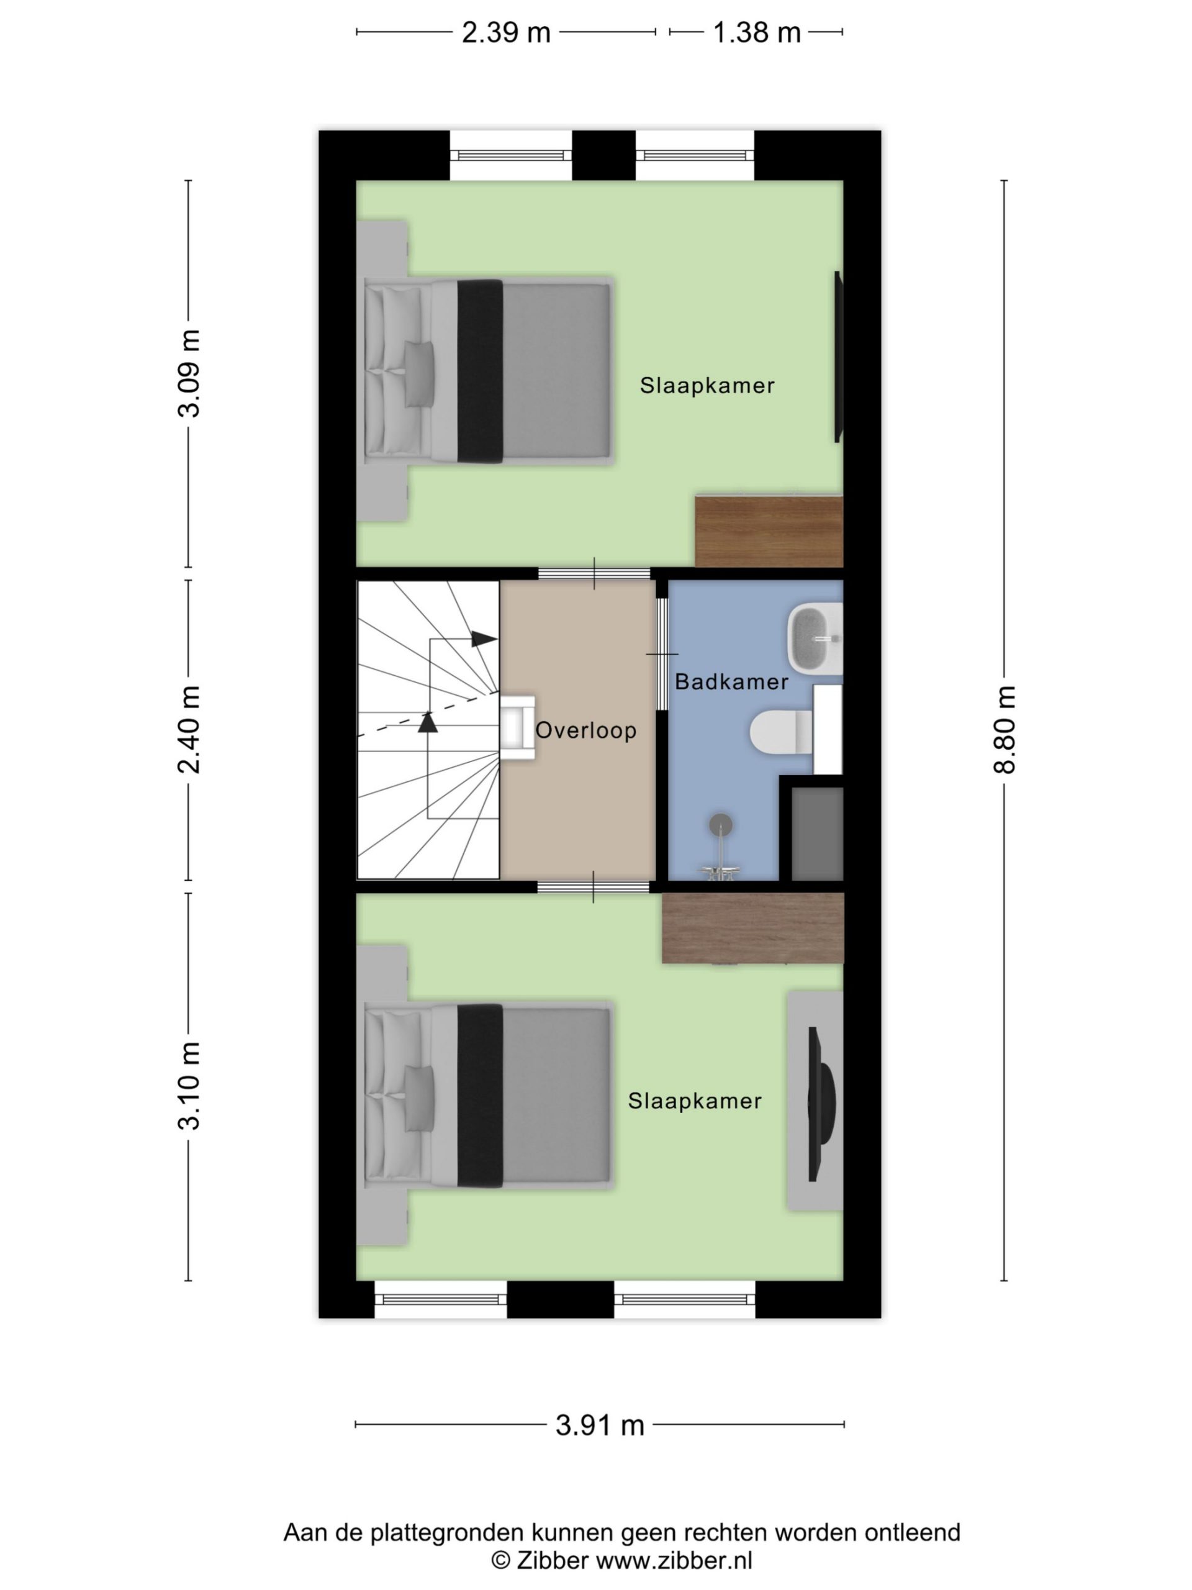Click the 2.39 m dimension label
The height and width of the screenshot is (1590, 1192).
pos(506,32)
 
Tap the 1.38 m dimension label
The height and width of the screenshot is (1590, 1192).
pos(757,32)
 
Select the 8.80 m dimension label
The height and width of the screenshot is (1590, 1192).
pos(1005,730)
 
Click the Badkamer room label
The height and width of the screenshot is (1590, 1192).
pos(731,681)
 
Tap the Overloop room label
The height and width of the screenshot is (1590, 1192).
pos(586,730)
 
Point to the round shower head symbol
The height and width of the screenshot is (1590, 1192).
pos(721,824)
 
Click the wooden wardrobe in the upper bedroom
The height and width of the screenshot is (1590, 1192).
pos(769,530)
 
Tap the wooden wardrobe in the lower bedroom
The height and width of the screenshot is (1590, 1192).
pos(752,928)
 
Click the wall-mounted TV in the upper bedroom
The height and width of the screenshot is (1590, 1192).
pos(838,357)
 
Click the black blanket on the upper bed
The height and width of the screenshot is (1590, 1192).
pos(480,371)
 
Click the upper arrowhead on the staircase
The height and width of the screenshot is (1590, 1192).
pos(484,638)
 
